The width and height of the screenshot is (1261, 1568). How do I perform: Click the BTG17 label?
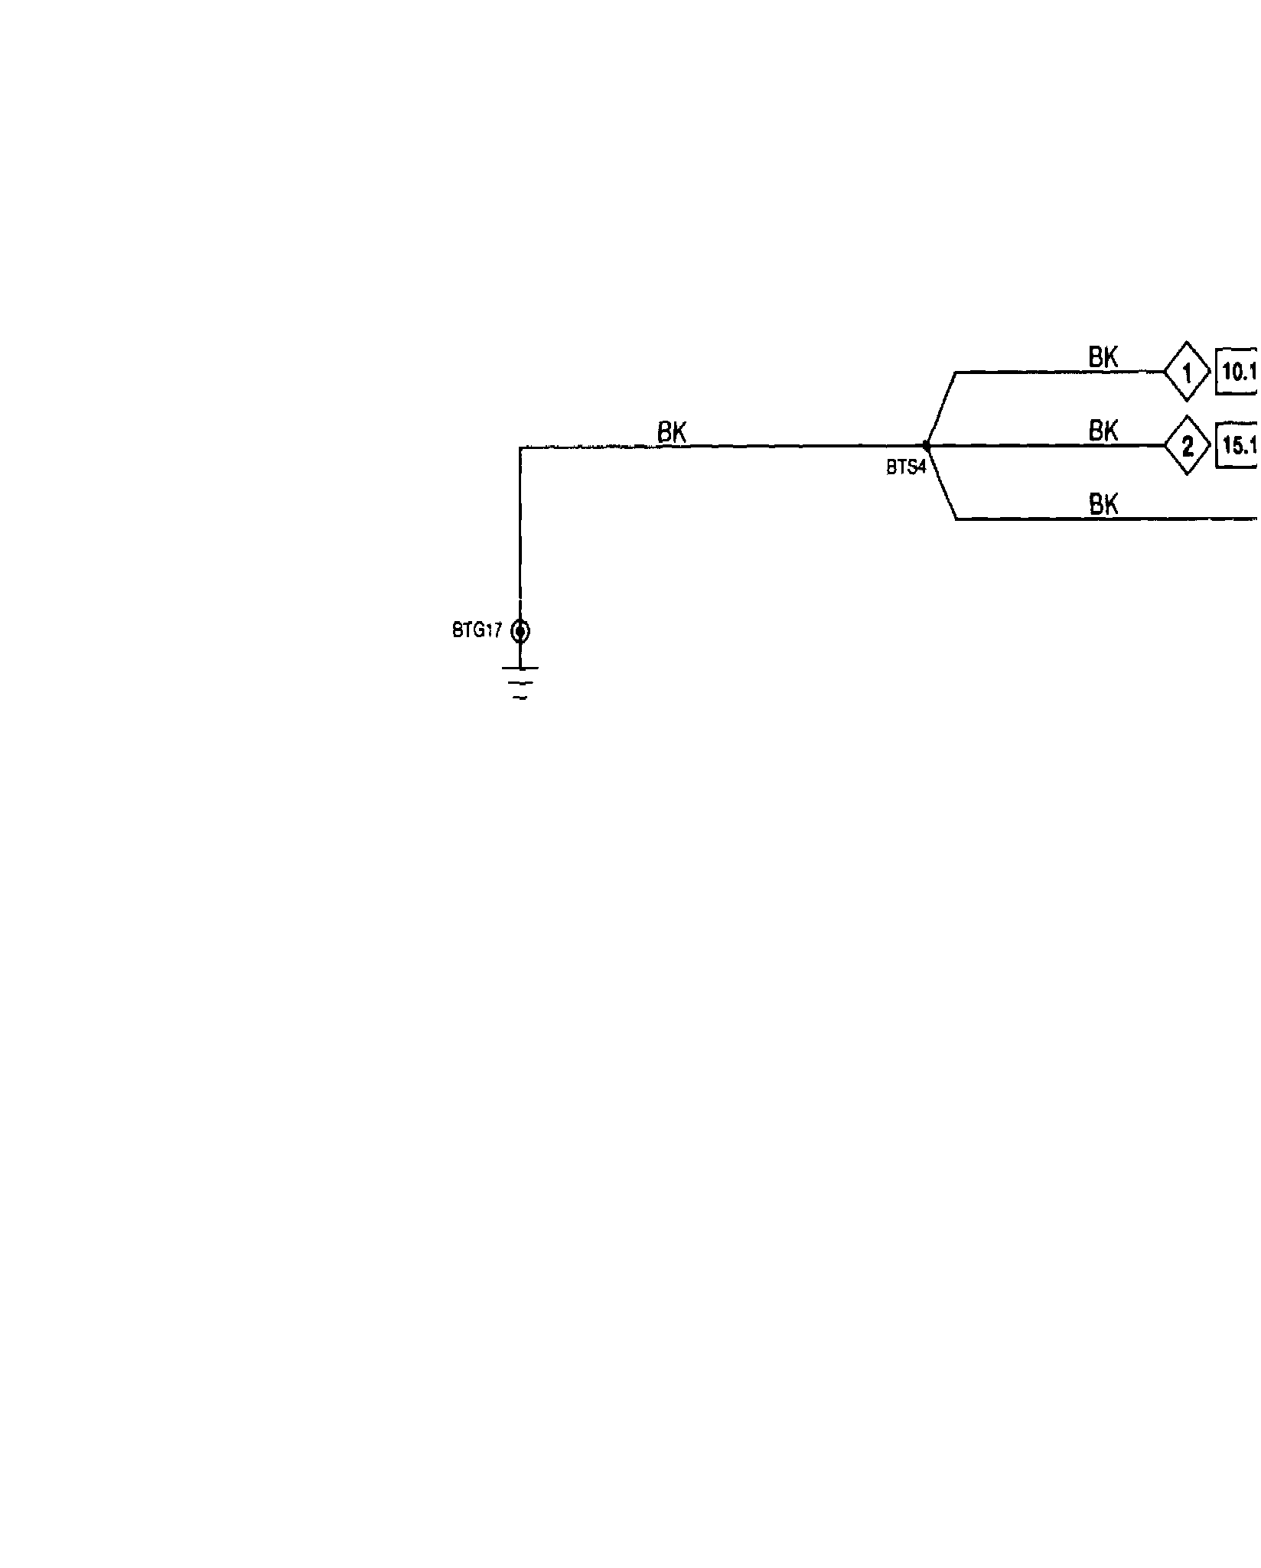(x=477, y=630)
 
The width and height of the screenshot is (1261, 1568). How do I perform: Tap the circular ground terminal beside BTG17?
(x=520, y=631)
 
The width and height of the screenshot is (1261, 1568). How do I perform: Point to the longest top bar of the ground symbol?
(x=520, y=668)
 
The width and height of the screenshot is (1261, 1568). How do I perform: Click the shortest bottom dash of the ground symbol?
(x=520, y=698)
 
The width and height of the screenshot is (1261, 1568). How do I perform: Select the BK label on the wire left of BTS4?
(x=672, y=432)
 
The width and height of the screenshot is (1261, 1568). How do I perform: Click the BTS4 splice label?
(x=906, y=467)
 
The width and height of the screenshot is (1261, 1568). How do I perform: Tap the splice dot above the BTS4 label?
(x=927, y=445)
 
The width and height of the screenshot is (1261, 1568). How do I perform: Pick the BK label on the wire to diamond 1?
(x=1103, y=357)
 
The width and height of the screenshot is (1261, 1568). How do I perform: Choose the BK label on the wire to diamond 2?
(x=1103, y=431)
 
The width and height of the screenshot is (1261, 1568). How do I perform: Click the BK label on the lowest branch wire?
(x=1103, y=504)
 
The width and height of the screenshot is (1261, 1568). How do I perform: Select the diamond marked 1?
(x=1187, y=372)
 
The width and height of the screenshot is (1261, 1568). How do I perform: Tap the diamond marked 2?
(x=1187, y=445)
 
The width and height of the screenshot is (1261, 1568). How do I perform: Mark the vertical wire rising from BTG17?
(x=520, y=535)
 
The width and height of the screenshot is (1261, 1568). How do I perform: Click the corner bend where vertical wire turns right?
(x=520, y=447)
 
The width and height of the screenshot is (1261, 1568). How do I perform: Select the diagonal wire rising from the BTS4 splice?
(x=941, y=408)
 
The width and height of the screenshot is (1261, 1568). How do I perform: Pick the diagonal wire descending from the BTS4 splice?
(x=942, y=483)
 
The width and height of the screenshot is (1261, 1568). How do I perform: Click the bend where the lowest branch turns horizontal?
(x=956, y=519)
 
